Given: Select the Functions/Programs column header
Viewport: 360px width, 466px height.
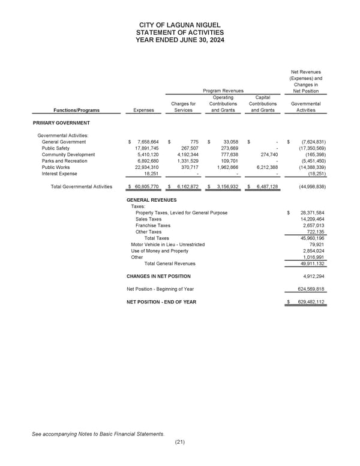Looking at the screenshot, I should point(76,110).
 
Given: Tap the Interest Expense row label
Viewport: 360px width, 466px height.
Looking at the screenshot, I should point(59,175).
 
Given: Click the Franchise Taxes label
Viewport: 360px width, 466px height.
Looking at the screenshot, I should point(153,226).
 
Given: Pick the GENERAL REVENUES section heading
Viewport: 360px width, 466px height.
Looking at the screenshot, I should point(152,200).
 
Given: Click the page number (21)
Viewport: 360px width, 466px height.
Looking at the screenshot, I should point(179,442).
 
